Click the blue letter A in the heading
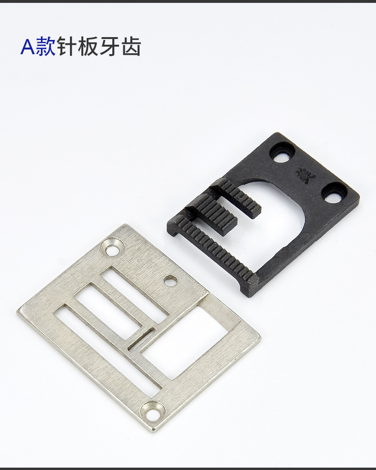tap(28, 47)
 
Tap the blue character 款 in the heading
tap(46, 47)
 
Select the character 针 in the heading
tap(67, 47)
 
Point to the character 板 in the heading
tap(88, 47)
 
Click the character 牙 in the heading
tap(109, 47)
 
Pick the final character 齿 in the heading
tap(131, 47)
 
